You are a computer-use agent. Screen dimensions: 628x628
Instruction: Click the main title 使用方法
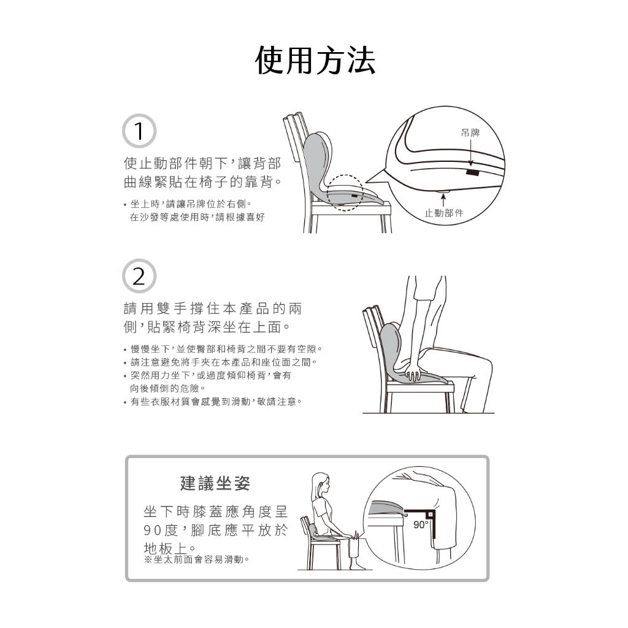point(315,61)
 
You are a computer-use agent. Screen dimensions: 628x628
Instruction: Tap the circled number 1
point(139,131)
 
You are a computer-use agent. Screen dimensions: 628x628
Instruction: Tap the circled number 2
point(139,276)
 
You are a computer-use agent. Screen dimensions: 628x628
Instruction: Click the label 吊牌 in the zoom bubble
point(470,132)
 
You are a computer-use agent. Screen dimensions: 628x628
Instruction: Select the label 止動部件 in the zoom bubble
point(444,213)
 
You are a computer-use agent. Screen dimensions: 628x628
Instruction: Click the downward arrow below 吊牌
point(470,152)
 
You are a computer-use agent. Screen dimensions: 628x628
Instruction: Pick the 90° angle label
point(421,525)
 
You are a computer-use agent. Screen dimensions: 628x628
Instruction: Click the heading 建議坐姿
point(215,483)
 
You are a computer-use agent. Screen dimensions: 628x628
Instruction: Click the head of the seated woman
point(320,484)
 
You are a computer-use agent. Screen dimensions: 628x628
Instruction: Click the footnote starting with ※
point(196,559)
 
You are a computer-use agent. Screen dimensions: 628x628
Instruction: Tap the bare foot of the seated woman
point(358,566)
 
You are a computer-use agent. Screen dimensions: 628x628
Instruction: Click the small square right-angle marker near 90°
point(430,514)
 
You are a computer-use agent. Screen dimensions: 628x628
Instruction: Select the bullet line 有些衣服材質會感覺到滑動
point(213,401)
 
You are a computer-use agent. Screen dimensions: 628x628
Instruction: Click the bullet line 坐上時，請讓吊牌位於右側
point(188,204)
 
